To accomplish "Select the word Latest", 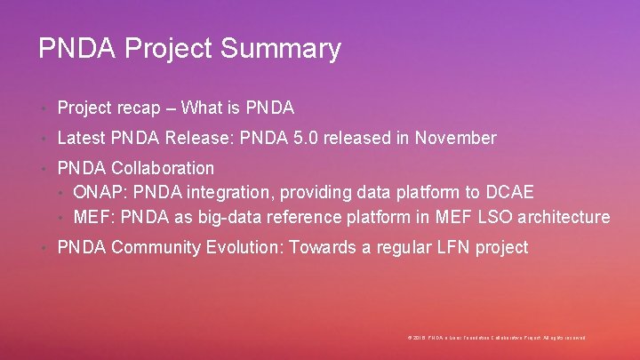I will click(x=83, y=138).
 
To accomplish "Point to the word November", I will click(x=457, y=138).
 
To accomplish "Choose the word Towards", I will click(x=321, y=247).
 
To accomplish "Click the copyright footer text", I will click(x=496, y=338).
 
